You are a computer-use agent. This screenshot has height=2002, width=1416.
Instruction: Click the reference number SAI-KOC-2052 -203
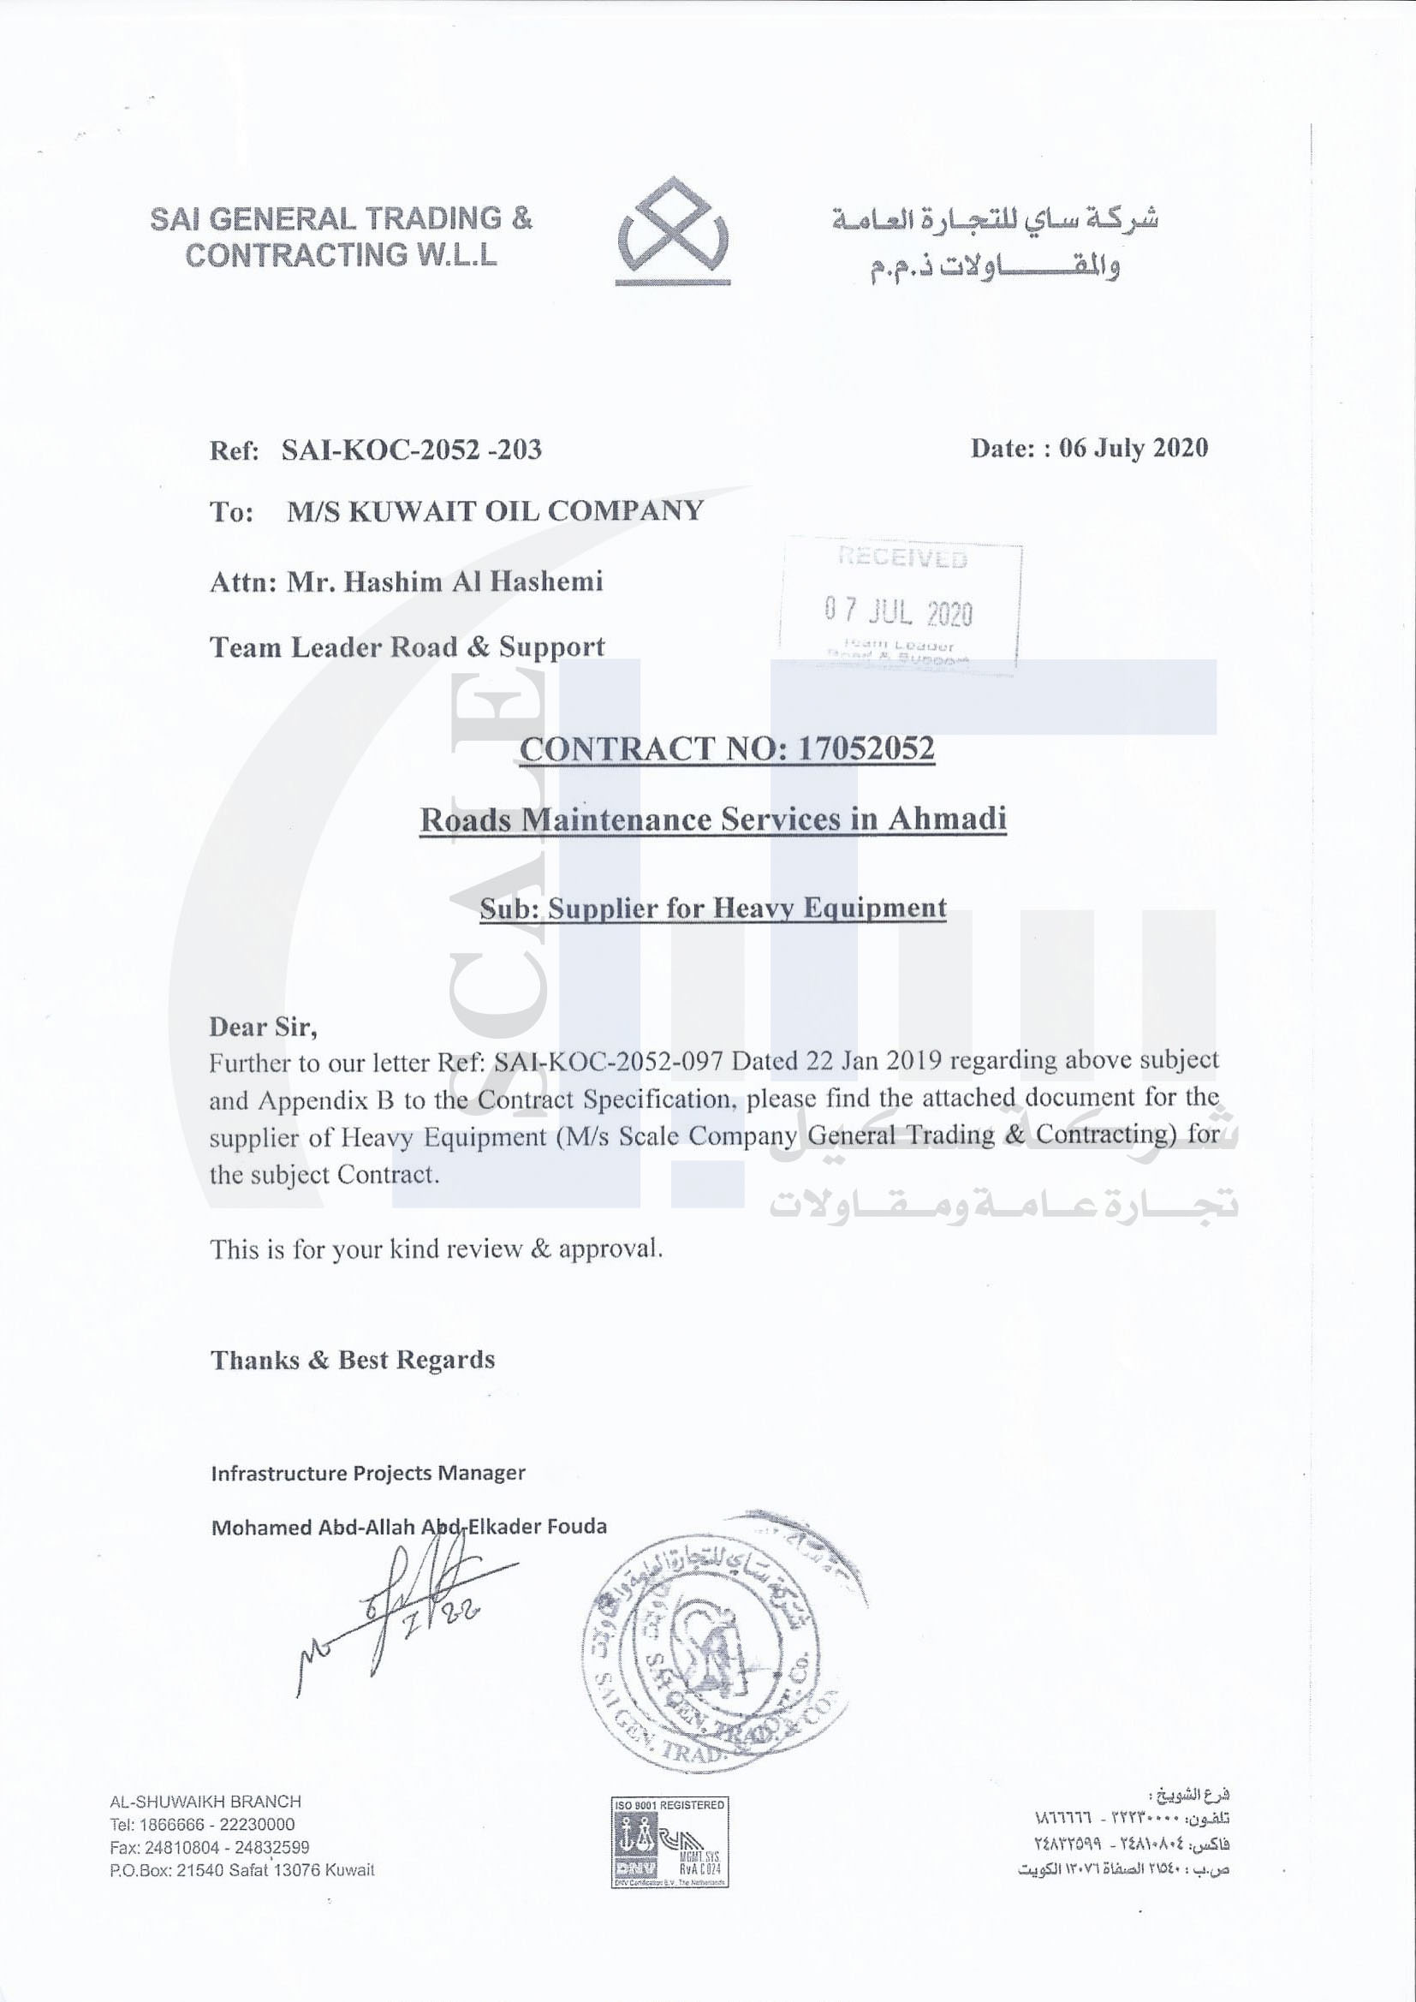(411, 449)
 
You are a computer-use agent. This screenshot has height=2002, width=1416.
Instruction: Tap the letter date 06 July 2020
(1133, 447)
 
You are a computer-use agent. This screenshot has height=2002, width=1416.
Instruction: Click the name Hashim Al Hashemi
(473, 581)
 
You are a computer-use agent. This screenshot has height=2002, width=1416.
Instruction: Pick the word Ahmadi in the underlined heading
(947, 819)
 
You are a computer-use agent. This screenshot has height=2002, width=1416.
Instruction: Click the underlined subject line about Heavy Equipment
(712, 908)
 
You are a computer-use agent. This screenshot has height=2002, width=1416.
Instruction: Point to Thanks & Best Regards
(353, 1360)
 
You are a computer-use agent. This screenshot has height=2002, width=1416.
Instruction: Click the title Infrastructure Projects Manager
(368, 1473)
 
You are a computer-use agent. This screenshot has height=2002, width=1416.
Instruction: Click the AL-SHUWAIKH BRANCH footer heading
(205, 1802)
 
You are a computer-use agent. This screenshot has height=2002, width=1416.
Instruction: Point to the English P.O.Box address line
(241, 1869)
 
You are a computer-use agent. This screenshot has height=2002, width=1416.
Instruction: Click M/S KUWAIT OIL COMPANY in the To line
(494, 511)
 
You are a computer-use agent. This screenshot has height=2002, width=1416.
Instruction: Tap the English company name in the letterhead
(341, 236)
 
